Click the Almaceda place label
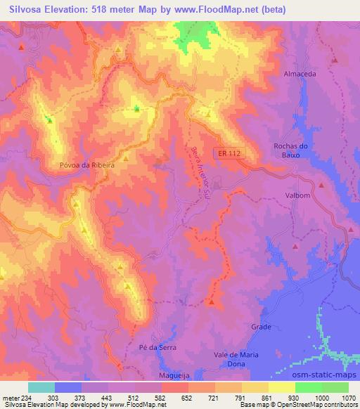300,73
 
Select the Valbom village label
297,195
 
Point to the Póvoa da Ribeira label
87,168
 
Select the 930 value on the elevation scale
295,397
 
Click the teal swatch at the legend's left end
41,387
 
